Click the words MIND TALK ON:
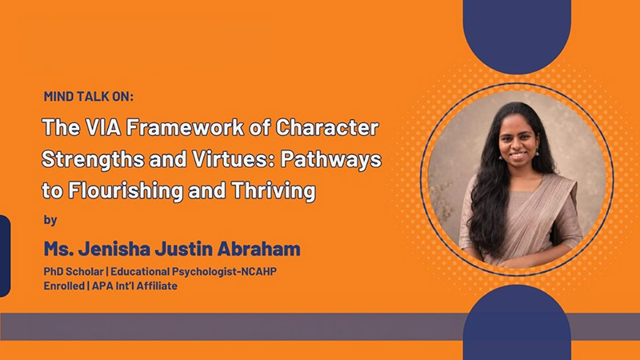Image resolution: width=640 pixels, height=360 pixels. (x=89, y=96)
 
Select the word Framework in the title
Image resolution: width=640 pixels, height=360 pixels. (x=185, y=128)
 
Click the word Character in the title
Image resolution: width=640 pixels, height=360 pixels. (x=327, y=128)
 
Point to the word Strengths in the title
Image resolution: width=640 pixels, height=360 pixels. (x=93, y=159)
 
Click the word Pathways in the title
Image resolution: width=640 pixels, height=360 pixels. (x=330, y=159)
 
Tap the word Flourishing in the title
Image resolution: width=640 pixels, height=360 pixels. (x=126, y=191)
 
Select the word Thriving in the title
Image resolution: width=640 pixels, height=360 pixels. (x=274, y=191)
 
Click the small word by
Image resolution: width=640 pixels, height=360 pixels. (x=50, y=221)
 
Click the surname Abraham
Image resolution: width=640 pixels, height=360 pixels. (x=258, y=249)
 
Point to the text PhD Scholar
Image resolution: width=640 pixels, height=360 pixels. (x=74, y=271)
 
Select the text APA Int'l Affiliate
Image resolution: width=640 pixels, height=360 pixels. (x=134, y=286)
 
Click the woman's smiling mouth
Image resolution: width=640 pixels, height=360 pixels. (x=518, y=155)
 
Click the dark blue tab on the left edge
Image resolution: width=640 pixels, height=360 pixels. (x=5, y=256)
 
